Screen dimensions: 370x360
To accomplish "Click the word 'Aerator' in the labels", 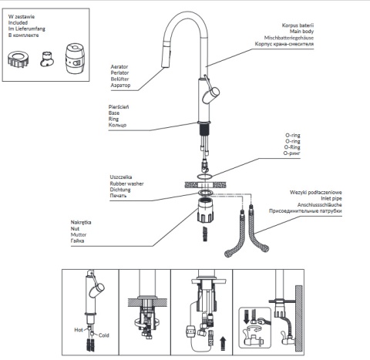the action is pyautogui.click(x=119, y=67).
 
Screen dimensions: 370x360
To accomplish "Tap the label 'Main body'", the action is pyautogui.click(x=301, y=32).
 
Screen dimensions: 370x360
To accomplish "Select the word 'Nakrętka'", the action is pyautogui.click(x=81, y=222).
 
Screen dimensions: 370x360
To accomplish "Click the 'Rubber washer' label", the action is pyautogui.click(x=126, y=183).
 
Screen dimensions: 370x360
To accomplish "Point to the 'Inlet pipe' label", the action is pyautogui.click(x=331, y=198).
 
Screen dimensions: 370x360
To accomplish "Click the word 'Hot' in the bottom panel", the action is pyautogui.click(x=79, y=330).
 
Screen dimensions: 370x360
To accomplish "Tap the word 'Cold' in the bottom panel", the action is pyautogui.click(x=104, y=335).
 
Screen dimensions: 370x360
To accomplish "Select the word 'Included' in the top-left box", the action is pyautogui.click(x=18, y=22).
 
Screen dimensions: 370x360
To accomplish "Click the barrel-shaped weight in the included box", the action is pyautogui.click(x=75, y=59).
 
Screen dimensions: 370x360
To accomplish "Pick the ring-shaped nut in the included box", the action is pyautogui.click(x=18, y=59).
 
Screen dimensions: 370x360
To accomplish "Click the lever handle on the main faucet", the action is pyautogui.click(x=210, y=93).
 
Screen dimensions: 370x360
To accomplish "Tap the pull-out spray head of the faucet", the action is pyautogui.click(x=166, y=59).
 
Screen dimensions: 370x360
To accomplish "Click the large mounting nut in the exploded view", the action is pyautogui.click(x=205, y=210).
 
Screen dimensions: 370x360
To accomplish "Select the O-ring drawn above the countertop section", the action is pyautogui.click(x=204, y=177).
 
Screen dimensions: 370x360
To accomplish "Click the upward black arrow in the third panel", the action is pyautogui.click(x=223, y=344).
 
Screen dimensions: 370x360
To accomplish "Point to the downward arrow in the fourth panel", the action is pyautogui.click(x=247, y=317).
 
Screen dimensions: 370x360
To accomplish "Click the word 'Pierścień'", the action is pyautogui.click(x=119, y=107).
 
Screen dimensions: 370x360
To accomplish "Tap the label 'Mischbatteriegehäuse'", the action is pyautogui.click(x=289, y=38).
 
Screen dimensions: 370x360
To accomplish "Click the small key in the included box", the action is pyautogui.click(x=47, y=59).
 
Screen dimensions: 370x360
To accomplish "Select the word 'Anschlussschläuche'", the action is pyautogui.click(x=320, y=205).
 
